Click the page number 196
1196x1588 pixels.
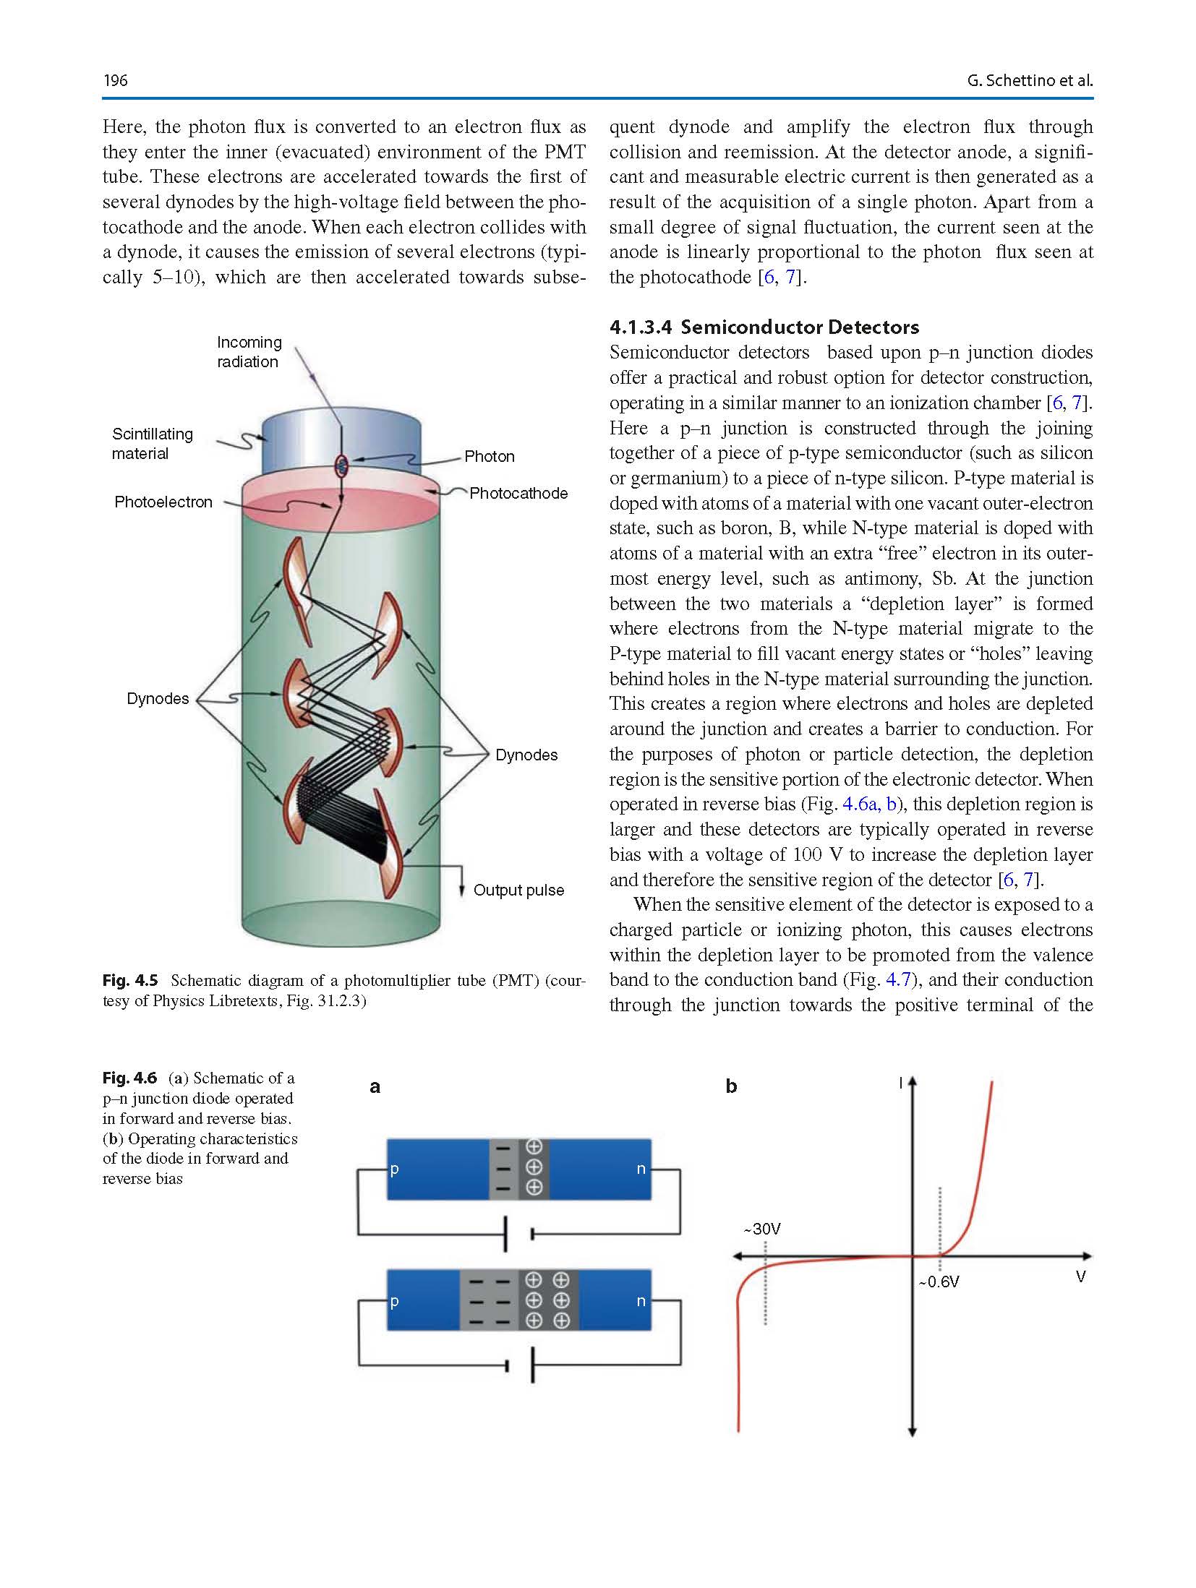[x=116, y=80]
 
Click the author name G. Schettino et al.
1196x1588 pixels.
[x=1029, y=80]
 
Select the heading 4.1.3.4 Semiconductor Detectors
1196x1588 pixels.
[x=764, y=327]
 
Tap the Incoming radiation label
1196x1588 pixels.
[x=249, y=352]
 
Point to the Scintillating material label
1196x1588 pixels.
[x=152, y=444]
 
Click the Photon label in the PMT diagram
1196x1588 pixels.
[x=490, y=457]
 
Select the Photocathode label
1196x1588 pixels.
[x=518, y=494]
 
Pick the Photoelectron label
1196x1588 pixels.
[x=163, y=502]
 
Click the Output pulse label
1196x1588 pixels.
[x=518, y=890]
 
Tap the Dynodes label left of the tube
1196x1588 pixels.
[x=158, y=699]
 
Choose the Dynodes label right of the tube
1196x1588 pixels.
[x=526, y=755]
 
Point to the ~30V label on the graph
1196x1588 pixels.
[x=762, y=1229]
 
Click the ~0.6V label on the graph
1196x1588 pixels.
[x=939, y=1282]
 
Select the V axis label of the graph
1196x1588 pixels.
[x=1080, y=1276]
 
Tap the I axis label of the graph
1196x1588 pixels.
[x=900, y=1083]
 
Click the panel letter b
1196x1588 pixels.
[x=731, y=1086]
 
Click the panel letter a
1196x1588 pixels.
[x=375, y=1086]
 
